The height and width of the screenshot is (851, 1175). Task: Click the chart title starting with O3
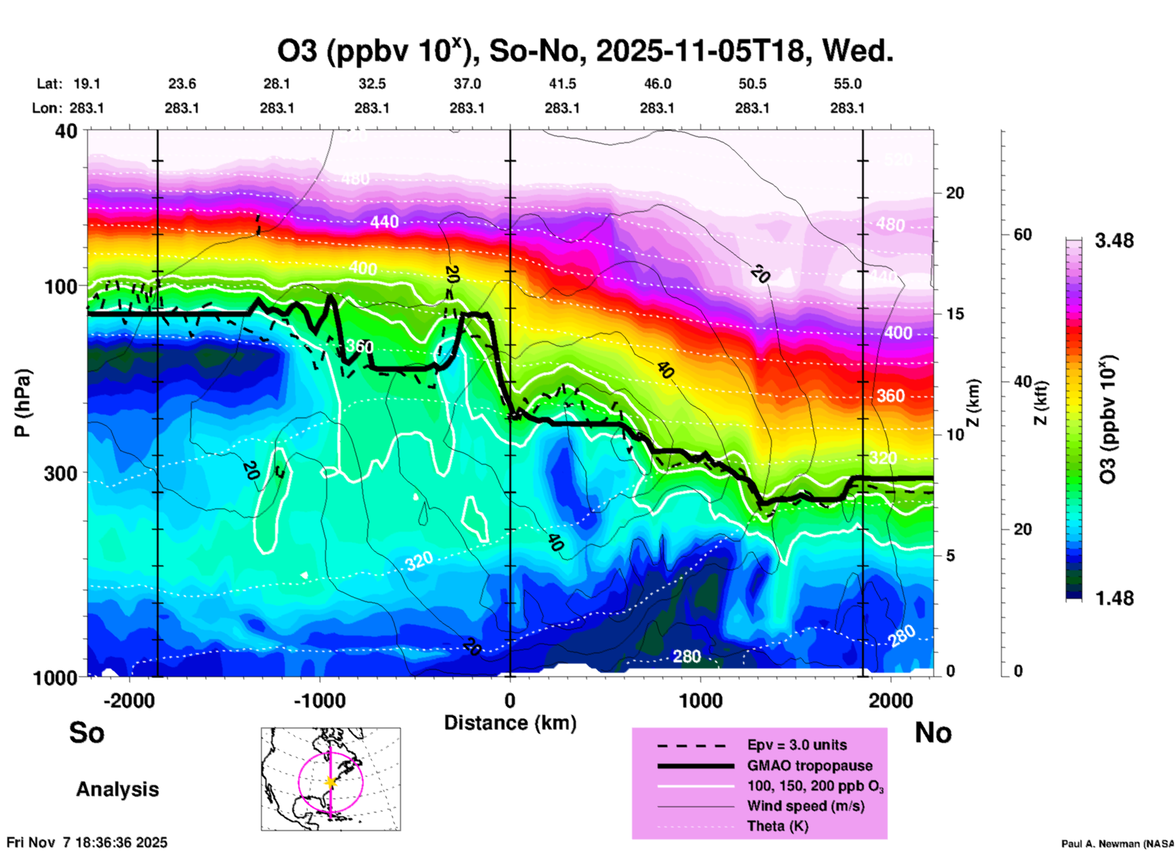point(585,51)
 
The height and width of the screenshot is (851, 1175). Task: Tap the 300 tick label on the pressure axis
point(60,473)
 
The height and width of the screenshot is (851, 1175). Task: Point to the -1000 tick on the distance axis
point(319,700)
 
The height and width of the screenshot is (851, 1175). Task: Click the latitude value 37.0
point(467,84)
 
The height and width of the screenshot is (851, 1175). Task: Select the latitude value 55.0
point(847,84)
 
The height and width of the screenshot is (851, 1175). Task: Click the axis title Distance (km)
point(510,723)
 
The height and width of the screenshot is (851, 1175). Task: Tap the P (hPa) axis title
point(23,403)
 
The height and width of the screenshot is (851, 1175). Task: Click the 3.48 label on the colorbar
point(1114,241)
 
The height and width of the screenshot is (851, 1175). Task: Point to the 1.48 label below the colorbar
point(1114,598)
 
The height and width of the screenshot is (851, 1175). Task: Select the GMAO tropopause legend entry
point(810,766)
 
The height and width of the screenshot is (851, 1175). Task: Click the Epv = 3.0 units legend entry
point(797,745)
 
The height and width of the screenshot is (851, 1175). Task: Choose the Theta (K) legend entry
point(777,826)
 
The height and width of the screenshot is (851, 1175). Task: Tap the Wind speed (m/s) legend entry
point(805,806)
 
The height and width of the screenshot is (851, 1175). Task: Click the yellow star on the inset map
point(331,782)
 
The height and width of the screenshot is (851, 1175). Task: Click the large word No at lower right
point(933,733)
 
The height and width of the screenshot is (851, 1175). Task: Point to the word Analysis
point(117,789)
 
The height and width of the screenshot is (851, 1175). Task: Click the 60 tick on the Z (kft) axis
point(1022,234)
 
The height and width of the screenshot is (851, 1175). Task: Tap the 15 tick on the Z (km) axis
point(955,314)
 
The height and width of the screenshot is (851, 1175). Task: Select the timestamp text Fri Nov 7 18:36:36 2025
point(87,842)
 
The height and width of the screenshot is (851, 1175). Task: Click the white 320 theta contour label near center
point(419,560)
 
